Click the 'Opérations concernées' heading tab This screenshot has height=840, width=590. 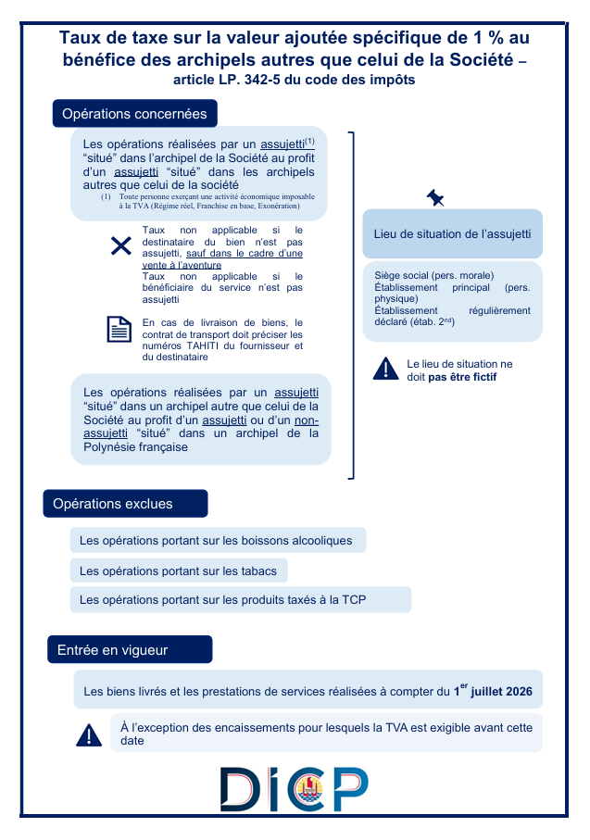pos(135,114)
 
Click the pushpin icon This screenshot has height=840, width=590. pos(435,197)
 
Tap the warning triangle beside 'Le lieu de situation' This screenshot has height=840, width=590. pos(385,369)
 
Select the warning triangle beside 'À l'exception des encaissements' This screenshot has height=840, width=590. pos(89,735)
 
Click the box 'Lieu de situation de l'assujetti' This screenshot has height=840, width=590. pos(452,234)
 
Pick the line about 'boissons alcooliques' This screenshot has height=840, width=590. pos(217,540)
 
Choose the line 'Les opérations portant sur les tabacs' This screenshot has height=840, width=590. pos(179,570)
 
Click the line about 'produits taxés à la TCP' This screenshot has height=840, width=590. pos(240,600)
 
